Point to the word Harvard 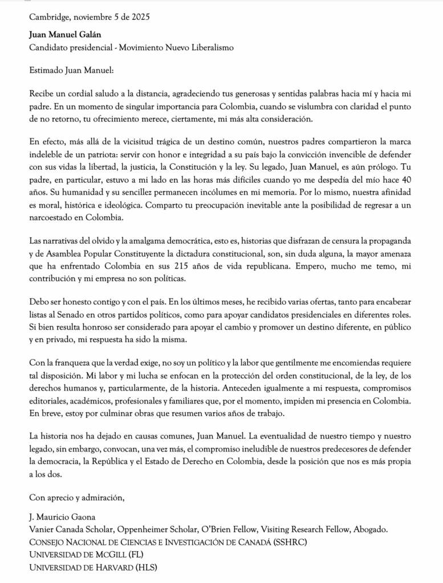[x=111, y=567]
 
